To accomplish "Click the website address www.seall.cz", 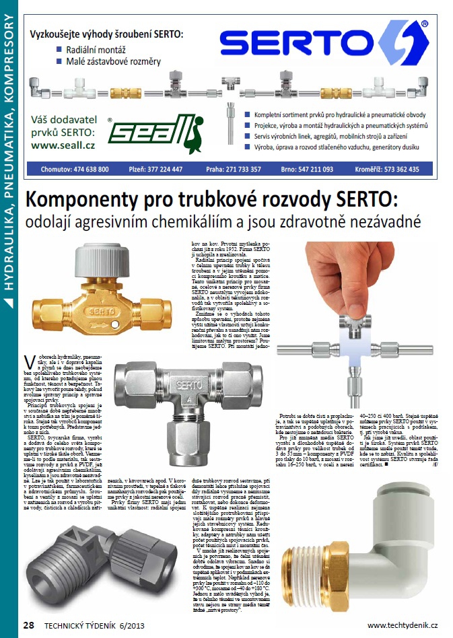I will pyautogui.click(x=63, y=145).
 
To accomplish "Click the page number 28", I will pyautogui.click(x=28, y=625).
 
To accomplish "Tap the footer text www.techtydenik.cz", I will pyautogui.click(x=403, y=625).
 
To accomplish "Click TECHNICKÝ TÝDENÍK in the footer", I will pyautogui.click(x=85, y=625).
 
